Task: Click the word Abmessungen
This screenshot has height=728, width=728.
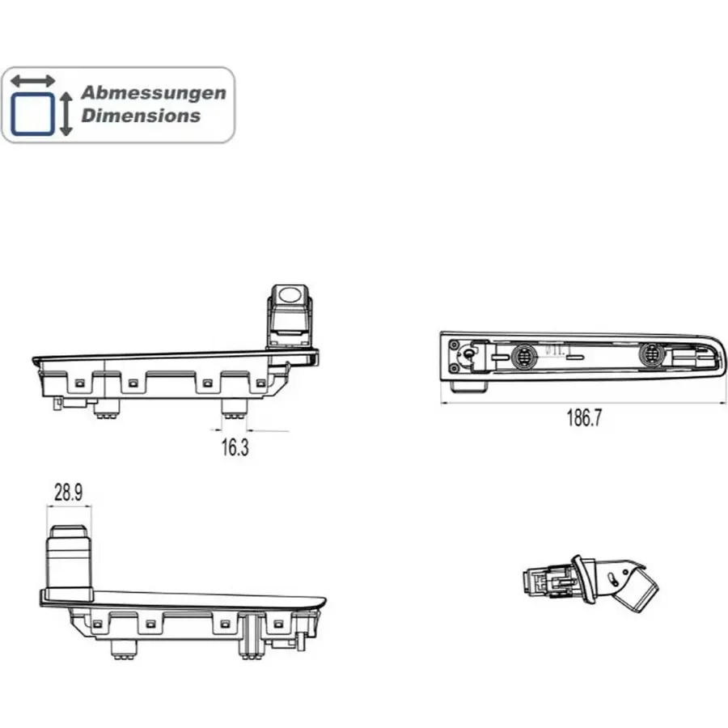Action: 154,93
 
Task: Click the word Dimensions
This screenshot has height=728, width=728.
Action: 141,116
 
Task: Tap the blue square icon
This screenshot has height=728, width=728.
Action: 32,114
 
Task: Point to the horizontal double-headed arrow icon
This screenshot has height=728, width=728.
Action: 32,81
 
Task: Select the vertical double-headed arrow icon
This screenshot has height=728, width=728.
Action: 66,114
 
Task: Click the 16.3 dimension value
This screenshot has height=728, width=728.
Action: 235,447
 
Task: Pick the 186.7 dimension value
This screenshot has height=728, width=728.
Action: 583,417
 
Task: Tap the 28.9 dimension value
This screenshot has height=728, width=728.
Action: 68,492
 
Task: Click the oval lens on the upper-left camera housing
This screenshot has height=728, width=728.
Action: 290,294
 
